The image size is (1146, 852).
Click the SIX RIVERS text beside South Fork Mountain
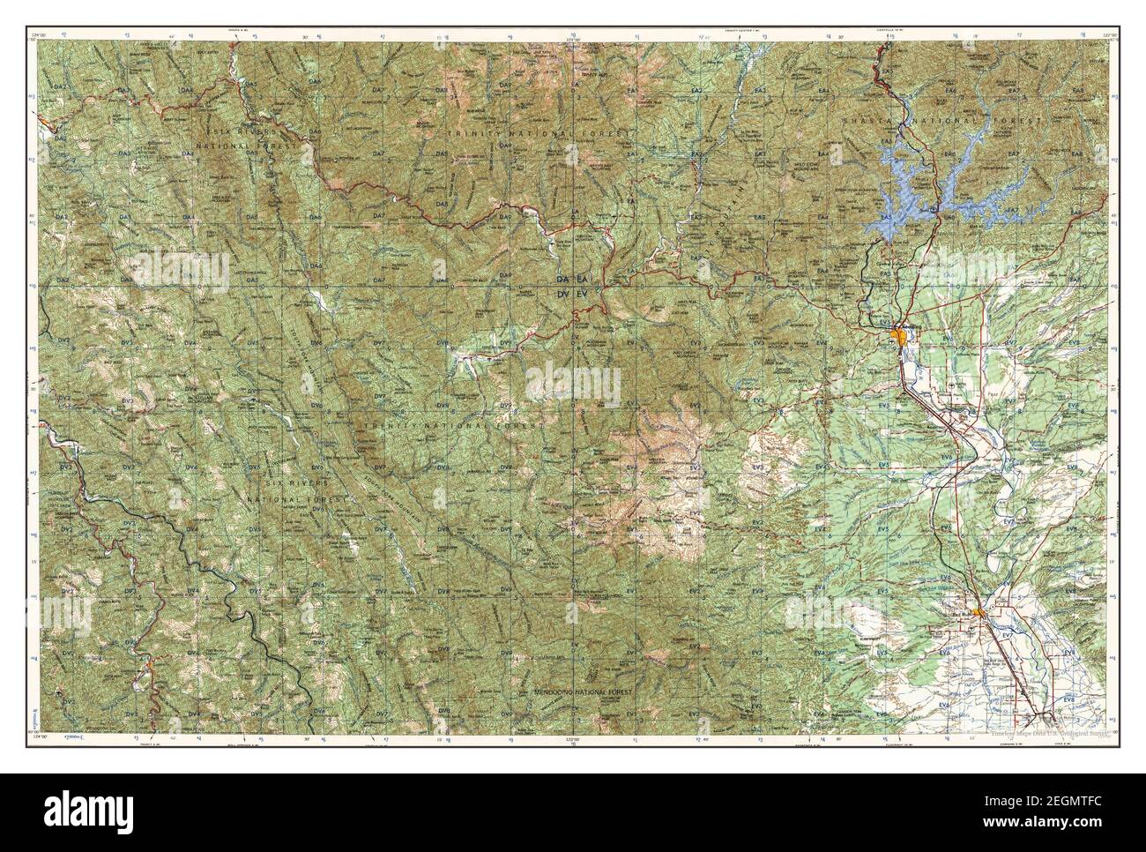[x=298, y=484]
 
